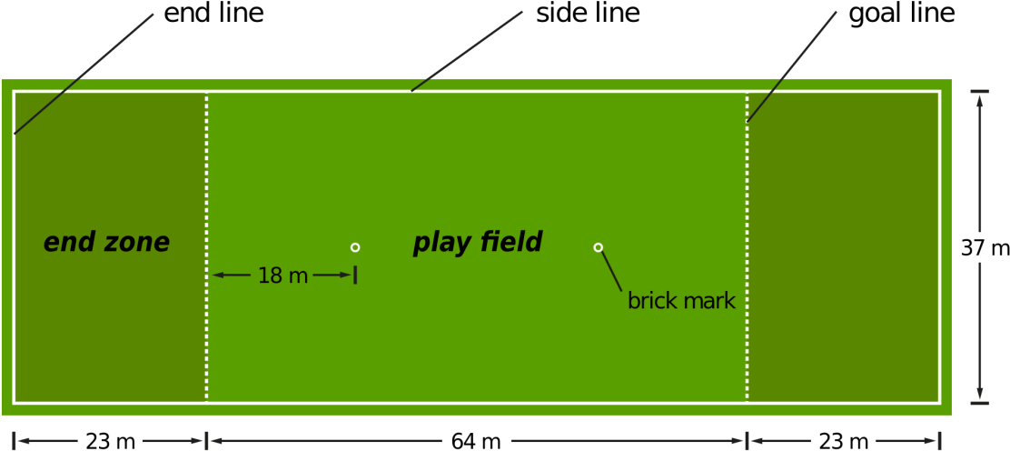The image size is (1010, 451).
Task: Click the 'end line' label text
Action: pyautogui.click(x=213, y=14)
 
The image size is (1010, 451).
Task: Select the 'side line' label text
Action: pyautogui.click(x=588, y=14)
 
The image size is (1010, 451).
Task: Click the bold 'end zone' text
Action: pyautogui.click(x=106, y=243)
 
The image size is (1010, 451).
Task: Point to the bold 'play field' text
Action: pyautogui.click(x=478, y=243)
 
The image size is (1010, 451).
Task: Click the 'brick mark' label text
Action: pyautogui.click(x=681, y=301)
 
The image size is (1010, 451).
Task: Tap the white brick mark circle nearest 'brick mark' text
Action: pyautogui.click(x=599, y=247)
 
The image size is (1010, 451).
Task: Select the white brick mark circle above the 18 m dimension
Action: pyautogui.click(x=355, y=247)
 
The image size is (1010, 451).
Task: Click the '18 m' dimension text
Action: pyautogui.click(x=282, y=276)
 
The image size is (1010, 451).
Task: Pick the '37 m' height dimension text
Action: pyautogui.click(x=985, y=248)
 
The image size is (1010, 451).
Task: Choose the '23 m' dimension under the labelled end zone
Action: pyautogui.click(x=110, y=441)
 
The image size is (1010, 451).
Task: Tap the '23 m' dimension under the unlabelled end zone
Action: pyautogui.click(x=844, y=441)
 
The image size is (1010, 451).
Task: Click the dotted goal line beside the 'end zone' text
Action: pyautogui.click(x=207, y=247)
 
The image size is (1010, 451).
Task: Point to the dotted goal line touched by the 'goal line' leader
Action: pyautogui.click(x=748, y=247)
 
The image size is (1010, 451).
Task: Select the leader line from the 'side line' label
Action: pyautogui.click(x=466, y=51)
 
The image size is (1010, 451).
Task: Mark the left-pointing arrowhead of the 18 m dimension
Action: pyautogui.click(x=218, y=276)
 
